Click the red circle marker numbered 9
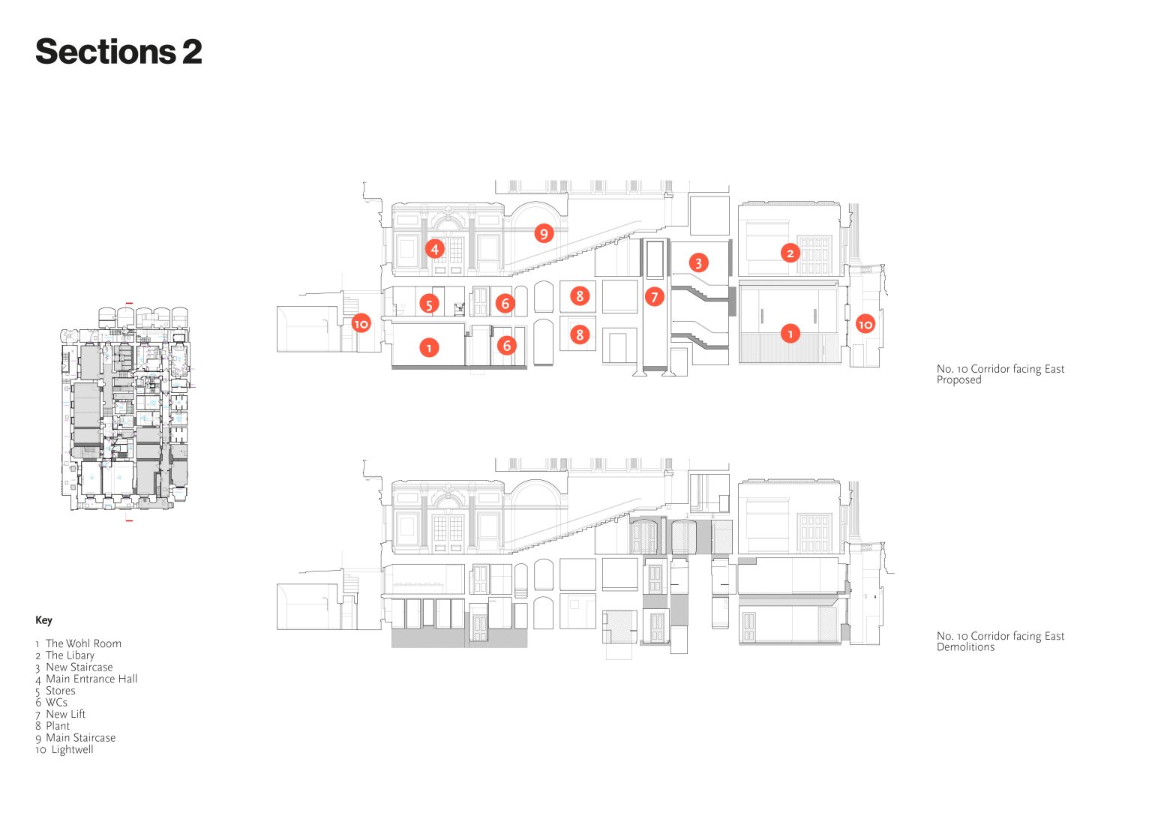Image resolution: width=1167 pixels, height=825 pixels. click(544, 233)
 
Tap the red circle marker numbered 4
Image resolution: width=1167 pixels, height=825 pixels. click(434, 249)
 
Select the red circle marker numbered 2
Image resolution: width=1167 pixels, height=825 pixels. click(790, 253)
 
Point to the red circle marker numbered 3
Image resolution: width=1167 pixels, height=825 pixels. click(698, 262)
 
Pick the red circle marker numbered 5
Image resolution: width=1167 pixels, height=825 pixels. click(429, 304)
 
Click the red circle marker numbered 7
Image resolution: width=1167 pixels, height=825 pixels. click(654, 297)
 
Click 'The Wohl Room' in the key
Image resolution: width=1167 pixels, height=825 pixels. click(83, 643)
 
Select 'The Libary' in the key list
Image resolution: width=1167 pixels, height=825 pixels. click(70, 655)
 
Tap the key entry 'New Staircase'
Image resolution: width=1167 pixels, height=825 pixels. click(79, 667)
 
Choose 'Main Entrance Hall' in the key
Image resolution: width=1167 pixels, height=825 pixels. click(91, 679)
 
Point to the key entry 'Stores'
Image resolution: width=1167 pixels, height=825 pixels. click(61, 691)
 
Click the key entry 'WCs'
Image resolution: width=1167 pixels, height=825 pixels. click(56, 703)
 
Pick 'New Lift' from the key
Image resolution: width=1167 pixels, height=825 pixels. click(66, 715)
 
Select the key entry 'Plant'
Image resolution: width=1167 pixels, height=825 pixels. click(58, 726)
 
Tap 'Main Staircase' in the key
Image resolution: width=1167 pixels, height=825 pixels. click(81, 738)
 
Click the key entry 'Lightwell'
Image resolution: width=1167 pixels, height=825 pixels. click(73, 750)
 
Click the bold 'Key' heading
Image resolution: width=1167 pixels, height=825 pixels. click(43, 620)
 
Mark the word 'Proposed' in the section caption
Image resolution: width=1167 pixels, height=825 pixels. click(958, 380)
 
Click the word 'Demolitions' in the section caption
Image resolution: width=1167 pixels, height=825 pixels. click(965, 646)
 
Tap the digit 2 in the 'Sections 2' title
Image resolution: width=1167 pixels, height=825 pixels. click(192, 52)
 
